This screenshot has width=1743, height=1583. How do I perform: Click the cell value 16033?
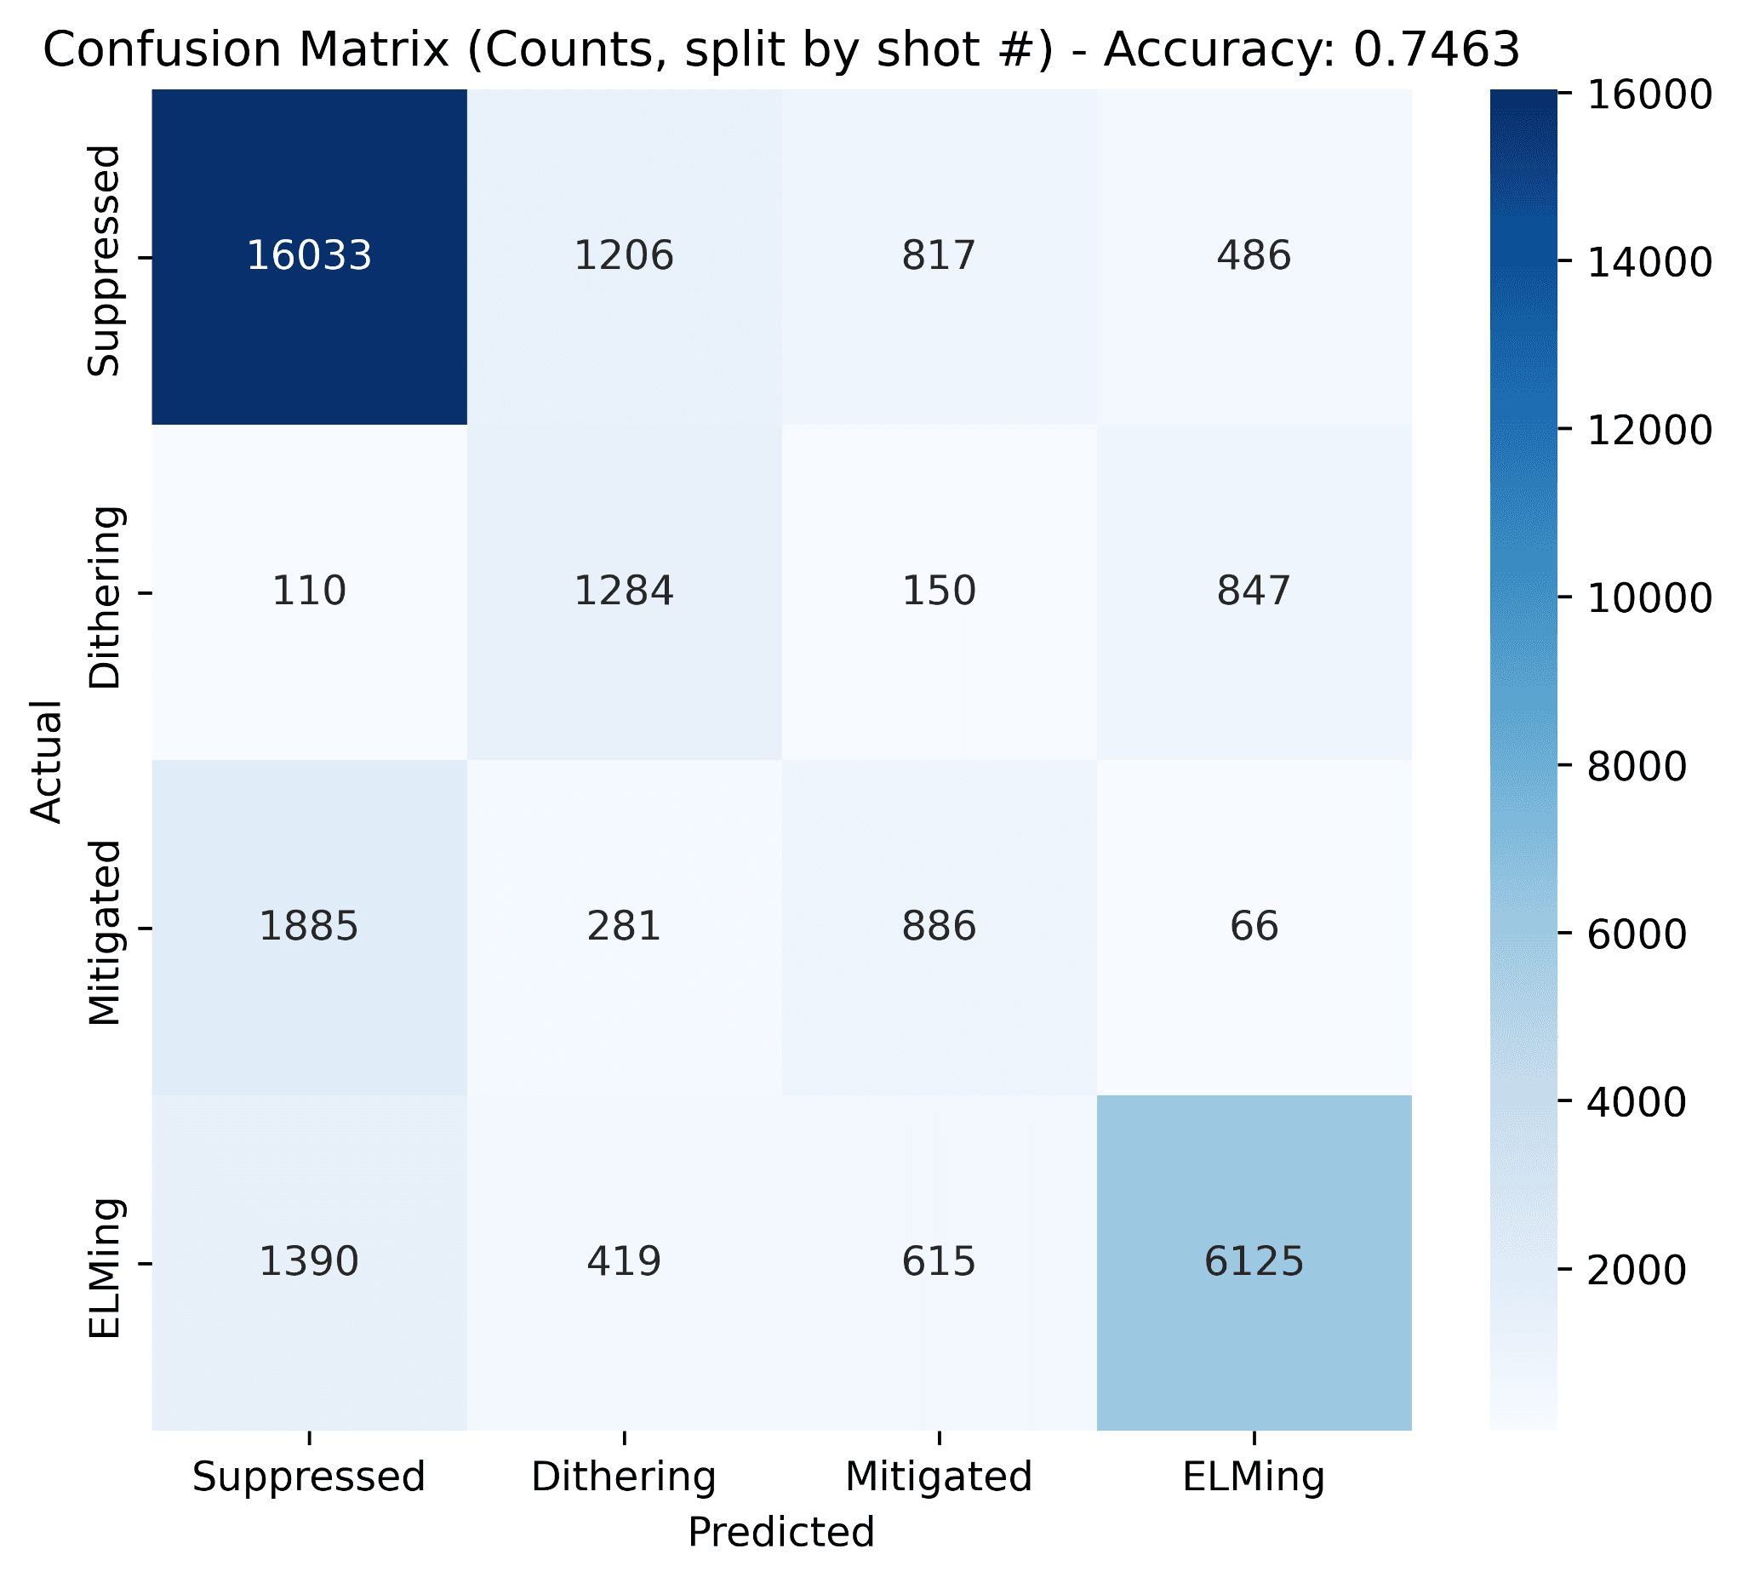[310, 256]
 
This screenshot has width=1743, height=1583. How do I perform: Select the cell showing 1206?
[624, 256]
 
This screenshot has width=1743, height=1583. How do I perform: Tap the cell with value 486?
[1254, 256]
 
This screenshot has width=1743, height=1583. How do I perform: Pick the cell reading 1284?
[624, 591]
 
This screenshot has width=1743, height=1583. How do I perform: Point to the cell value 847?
[1254, 591]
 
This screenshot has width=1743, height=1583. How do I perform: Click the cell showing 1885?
[310, 927]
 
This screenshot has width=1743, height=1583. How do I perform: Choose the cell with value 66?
[1254, 927]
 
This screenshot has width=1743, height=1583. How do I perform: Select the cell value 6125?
[1254, 1262]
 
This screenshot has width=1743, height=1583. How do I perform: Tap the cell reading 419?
[624, 1262]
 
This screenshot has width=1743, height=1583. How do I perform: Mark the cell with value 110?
[310, 591]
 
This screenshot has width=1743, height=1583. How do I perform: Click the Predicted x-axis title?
[780, 1532]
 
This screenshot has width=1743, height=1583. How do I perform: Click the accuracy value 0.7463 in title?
[1436, 50]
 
